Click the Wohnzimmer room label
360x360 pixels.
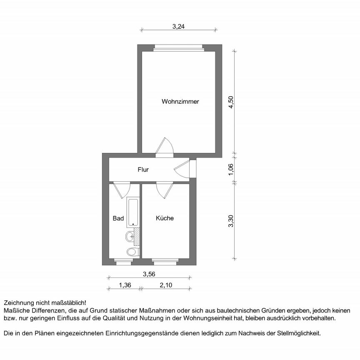tap(180, 101)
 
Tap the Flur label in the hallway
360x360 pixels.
tap(143, 170)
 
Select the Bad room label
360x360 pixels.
tap(118, 218)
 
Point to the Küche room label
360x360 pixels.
tap(165, 218)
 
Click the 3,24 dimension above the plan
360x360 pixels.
tap(178, 26)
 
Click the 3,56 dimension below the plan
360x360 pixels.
tap(149, 274)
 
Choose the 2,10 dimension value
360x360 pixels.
tap(165, 285)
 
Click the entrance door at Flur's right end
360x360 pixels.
tap(184, 169)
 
